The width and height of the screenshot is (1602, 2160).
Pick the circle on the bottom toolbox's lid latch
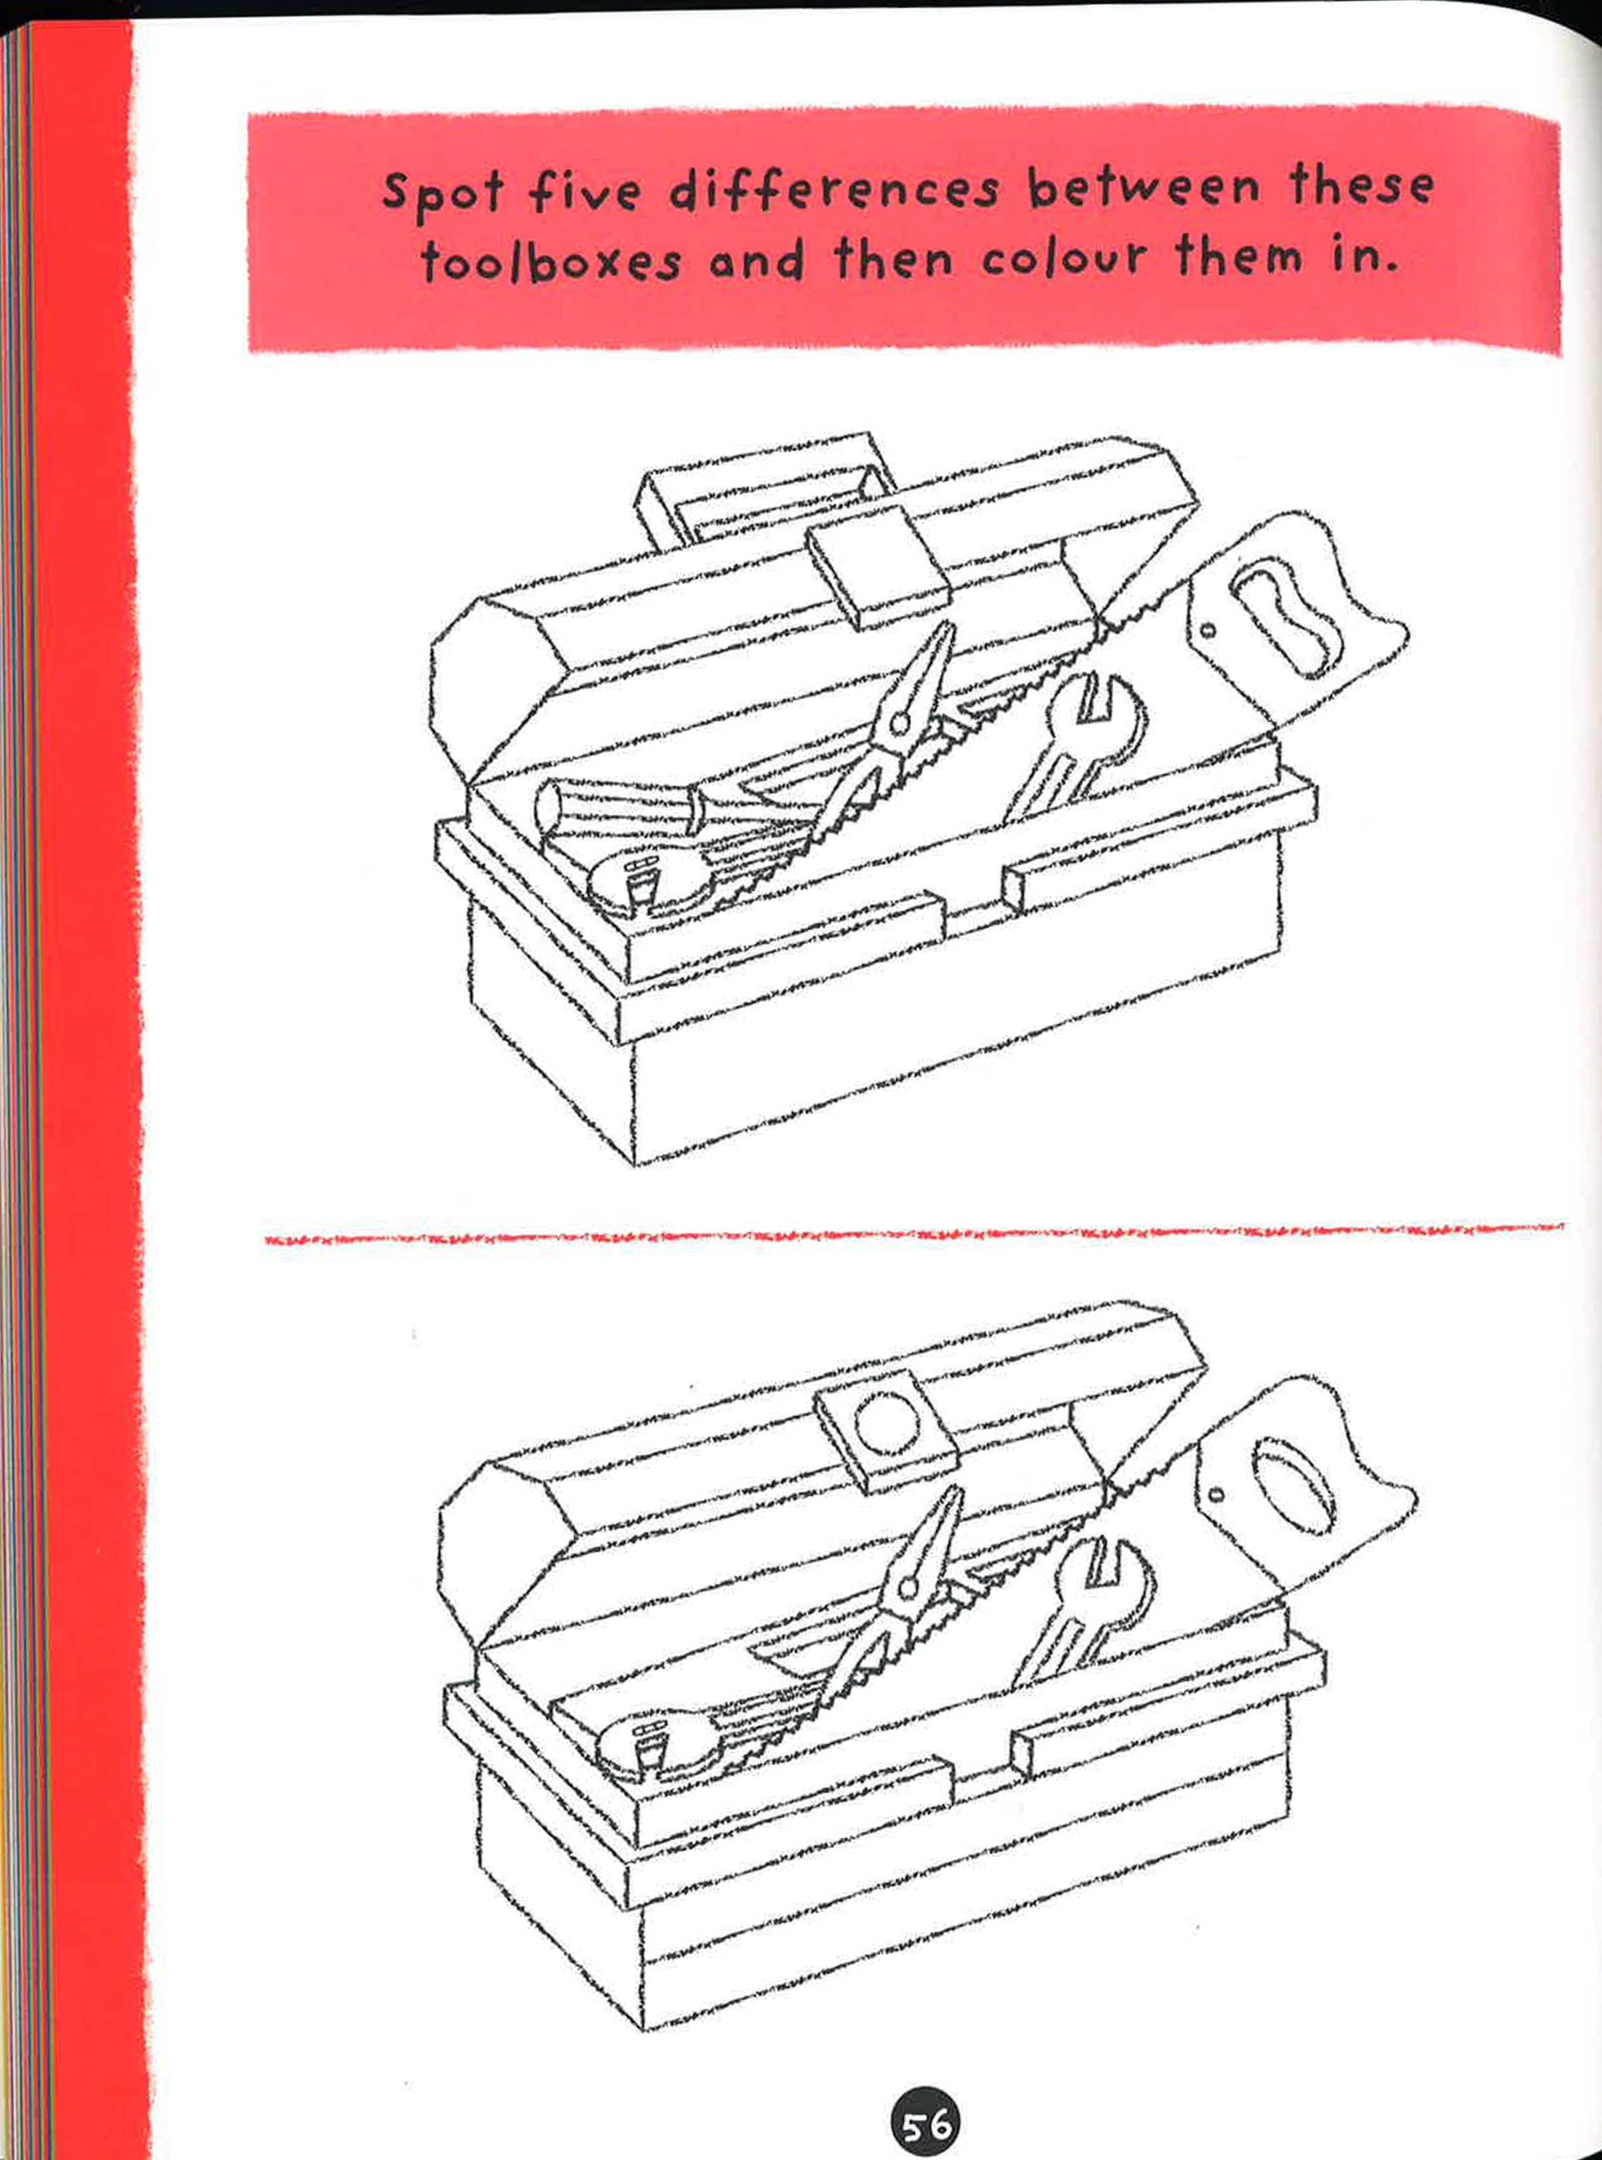click(x=885, y=1423)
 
